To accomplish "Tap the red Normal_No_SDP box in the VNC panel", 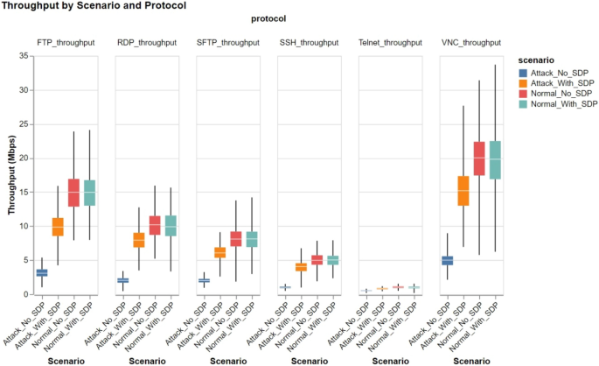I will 479,158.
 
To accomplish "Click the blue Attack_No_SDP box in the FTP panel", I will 41,272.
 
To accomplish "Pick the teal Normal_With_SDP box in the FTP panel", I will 90,192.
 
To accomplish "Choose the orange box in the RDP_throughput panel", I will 138,239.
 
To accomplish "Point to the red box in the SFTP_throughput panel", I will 235,237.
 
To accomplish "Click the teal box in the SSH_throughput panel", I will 333,259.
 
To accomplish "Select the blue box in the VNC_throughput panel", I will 447,260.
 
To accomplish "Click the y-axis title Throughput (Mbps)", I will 11,175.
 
